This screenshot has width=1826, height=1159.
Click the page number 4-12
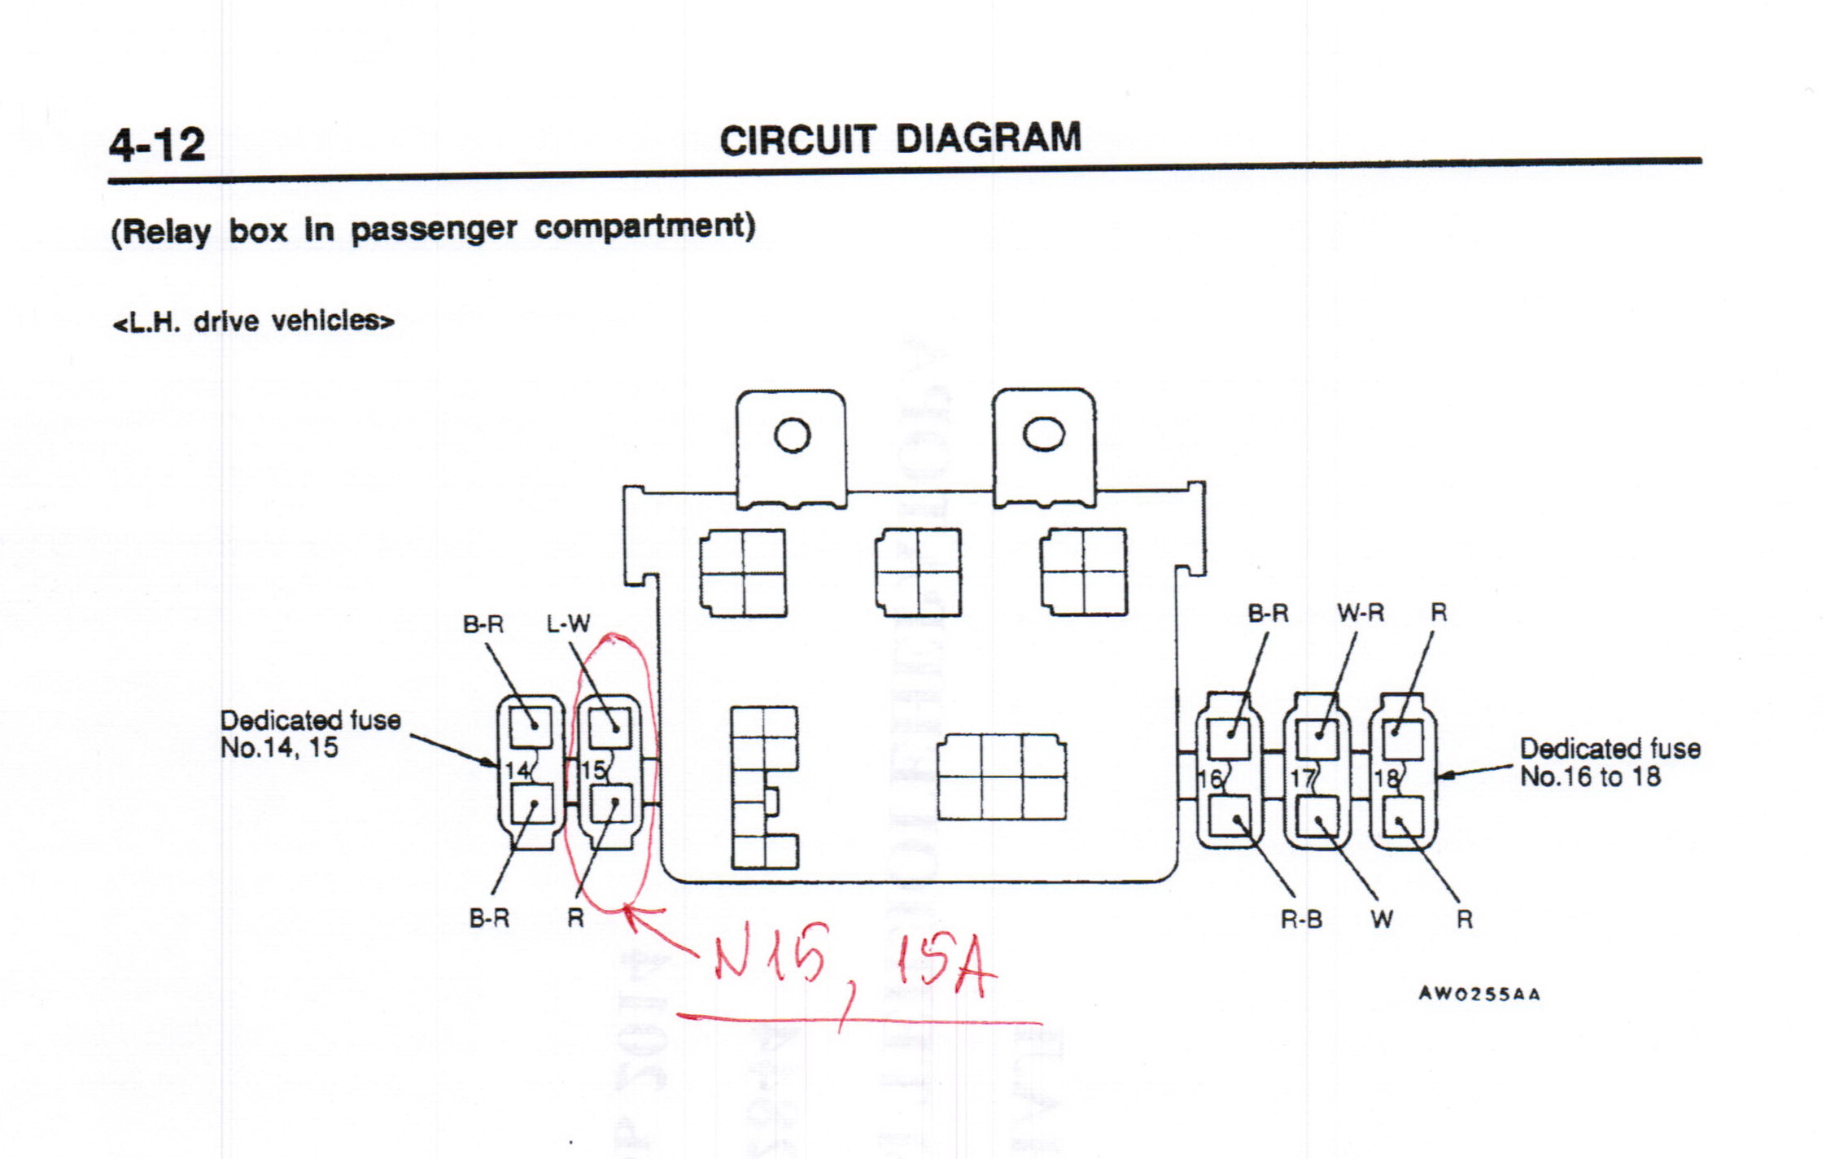pos(157,145)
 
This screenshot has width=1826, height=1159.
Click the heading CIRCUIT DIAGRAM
pos(900,138)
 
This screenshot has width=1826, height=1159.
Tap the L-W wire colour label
pos(568,624)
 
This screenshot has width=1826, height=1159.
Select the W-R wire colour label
pos(1360,613)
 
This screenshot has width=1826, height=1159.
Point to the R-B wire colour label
pos(1301,920)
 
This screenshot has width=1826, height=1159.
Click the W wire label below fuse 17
pos(1381,920)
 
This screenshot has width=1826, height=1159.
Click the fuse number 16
pos(1209,780)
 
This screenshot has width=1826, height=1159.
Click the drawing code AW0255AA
pos(1479,994)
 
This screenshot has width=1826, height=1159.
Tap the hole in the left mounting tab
pos(792,435)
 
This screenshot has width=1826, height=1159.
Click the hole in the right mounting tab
pos(1043,433)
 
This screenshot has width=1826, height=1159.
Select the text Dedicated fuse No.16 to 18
pos(1609,763)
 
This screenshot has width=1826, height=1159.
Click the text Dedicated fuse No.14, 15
pos(310,734)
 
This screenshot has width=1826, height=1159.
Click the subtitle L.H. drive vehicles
pos(253,321)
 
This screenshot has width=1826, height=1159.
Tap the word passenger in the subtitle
pos(433,229)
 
